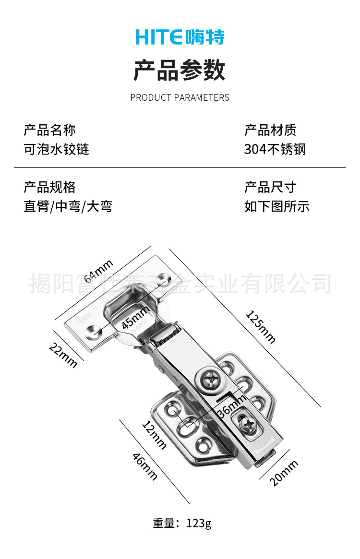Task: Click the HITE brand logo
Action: [180, 37]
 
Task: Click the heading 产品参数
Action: [180, 70]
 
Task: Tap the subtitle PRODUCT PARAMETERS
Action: [180, 97]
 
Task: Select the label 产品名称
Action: [49, 130]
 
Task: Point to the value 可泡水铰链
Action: [56, 149]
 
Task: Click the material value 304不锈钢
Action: [275, 149]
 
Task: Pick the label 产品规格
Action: [49, 187]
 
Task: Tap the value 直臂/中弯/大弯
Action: [68, 207]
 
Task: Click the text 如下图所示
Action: [276, 207]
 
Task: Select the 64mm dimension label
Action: [98, 271]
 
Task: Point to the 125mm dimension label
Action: [261, 327]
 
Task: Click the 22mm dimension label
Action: [63, 356]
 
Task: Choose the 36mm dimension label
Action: [231, 406]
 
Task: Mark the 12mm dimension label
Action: [154, 435]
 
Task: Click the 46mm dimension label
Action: [145, 466]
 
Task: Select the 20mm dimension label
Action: [283, 473]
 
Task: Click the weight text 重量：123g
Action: [182, 523]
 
